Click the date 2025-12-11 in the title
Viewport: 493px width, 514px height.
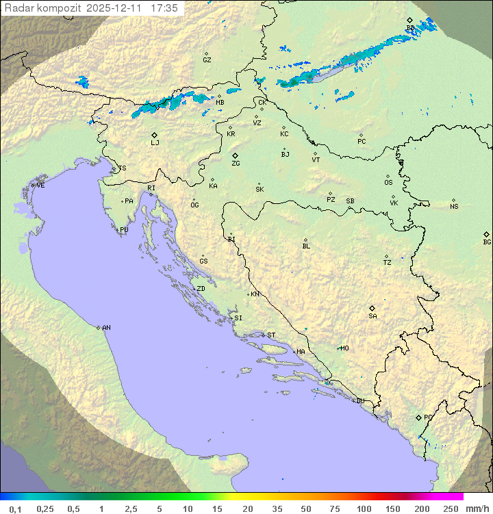coord(116,8)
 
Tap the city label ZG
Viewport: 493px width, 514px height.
coord(236,164)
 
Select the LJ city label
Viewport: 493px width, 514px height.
coord(155,143)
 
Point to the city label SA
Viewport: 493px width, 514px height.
coord(372,316)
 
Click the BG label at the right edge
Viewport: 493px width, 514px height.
coord(487,242)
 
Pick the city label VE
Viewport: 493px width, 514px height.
coord(40,185)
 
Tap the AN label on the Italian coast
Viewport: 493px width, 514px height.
coord(106,328)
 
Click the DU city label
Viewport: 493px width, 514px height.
coord(359,401)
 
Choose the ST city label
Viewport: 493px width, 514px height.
coord(271,335)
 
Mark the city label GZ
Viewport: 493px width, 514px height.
coord(207,60)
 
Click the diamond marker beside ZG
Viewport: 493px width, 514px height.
coord(235,156)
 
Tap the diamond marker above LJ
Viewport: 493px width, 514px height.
coord(155,135)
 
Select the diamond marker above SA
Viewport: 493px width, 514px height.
coord(372,308)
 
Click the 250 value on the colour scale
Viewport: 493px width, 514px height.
coord(451,509)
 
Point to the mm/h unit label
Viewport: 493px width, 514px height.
coord(477,509)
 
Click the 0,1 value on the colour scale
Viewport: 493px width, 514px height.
coord(15,509)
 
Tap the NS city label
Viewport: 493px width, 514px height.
coord(454,207)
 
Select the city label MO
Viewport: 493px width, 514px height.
coord(344,348)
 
